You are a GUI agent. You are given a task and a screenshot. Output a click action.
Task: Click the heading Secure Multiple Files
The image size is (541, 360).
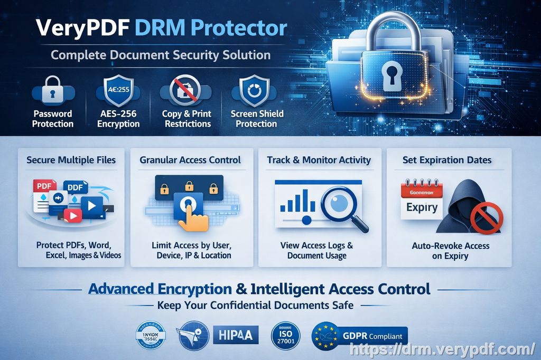pos(71,160)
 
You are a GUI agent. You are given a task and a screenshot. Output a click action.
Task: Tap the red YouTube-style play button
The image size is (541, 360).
pos(73,215)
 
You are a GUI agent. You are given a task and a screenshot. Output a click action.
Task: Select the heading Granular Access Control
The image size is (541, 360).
pos(190,160)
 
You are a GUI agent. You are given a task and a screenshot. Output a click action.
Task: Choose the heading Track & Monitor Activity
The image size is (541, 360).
pos(319,160)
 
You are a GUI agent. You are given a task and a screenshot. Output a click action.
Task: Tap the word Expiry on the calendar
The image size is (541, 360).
pos(422,207)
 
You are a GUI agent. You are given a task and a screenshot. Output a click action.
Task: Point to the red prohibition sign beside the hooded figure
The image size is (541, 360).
pos(486,217)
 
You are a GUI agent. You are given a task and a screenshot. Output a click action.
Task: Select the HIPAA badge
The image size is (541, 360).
pos(236,335)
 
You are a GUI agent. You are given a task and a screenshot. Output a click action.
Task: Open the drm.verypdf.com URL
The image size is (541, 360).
pos(443,349)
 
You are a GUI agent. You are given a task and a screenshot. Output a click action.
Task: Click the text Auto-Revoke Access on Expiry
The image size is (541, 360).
pos(450,251)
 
